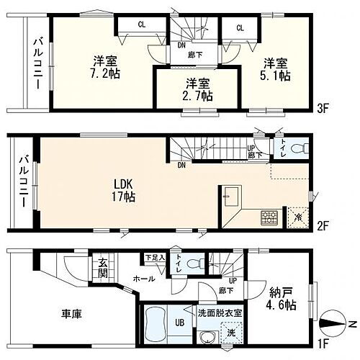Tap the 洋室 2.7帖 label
pos(195,89)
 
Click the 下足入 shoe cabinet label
pos(155,256)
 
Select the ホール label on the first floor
pos(140,276)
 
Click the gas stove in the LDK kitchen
pos(268,215)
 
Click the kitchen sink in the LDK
pos(231,197)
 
